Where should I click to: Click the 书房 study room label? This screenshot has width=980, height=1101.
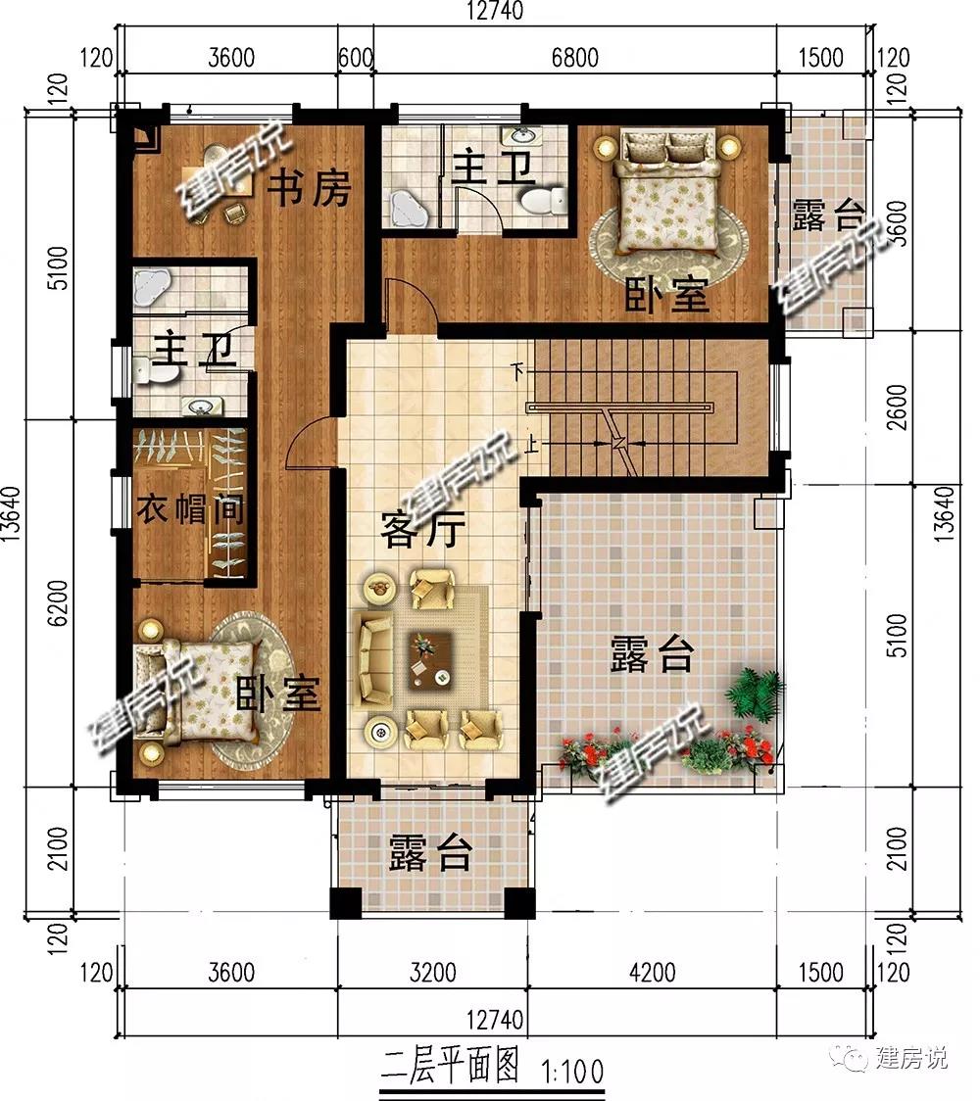click(310, 187)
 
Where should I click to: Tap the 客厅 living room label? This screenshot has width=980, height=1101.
click(422, 529)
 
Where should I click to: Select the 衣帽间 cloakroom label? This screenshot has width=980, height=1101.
click(190, 508)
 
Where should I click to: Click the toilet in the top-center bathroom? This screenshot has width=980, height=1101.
click(544, 200)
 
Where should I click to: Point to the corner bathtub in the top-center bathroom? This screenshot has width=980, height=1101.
click(408, 208)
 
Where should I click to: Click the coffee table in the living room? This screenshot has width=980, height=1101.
click(431, 659)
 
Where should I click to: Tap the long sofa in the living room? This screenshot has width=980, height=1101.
click(373, 658)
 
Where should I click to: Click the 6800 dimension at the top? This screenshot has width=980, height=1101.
click(574, 57)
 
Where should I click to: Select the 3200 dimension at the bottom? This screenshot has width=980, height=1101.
click(433, 973)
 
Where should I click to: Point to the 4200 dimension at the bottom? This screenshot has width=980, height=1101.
click(652, 973)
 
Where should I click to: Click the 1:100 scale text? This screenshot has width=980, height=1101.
click(572, 1072)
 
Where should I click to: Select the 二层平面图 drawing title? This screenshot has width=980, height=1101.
click(450, 1067)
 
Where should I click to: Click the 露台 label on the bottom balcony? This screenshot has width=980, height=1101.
click(430, 852)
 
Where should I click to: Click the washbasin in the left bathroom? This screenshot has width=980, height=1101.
click(202, 406)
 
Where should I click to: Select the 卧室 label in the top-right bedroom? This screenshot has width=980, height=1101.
click(666, 295)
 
